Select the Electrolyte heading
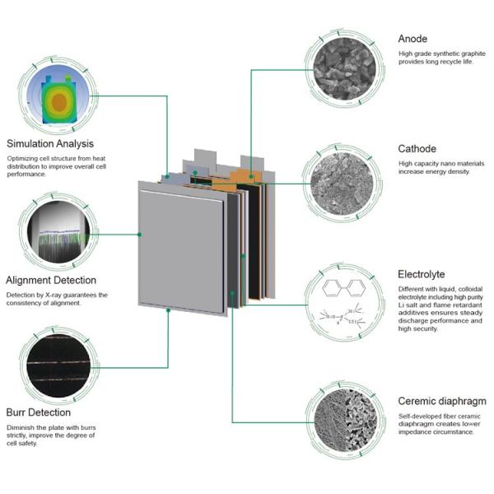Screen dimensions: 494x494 (422, 274)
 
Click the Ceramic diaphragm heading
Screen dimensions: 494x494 (441, 401)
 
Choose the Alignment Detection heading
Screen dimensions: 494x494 (51, 280)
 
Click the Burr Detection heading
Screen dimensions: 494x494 (39, 412)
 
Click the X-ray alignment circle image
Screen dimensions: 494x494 (57, 230)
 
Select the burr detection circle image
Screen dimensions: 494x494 (57, 365)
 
